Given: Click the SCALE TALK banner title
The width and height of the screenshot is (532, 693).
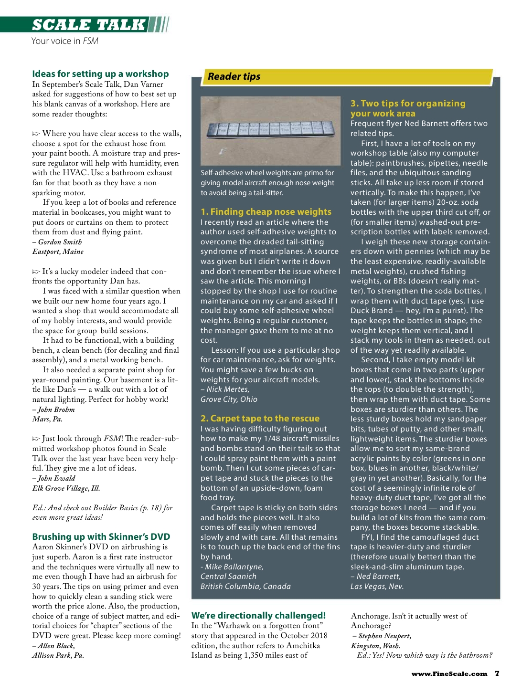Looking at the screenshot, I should [x=89, y=25].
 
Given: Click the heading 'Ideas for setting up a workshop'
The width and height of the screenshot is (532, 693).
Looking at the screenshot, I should [x=100, y=74].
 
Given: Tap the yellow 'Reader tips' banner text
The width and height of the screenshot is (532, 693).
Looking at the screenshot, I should [x=234, y=76].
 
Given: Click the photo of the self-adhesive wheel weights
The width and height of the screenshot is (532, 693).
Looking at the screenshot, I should [x=270, y=131].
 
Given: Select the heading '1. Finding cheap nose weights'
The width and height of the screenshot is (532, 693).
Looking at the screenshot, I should [x=266, y=212].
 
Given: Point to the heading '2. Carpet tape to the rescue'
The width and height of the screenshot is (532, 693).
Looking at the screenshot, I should [x=260, y=419].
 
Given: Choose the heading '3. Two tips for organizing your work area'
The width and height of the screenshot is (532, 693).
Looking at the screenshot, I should [x=408, y=108].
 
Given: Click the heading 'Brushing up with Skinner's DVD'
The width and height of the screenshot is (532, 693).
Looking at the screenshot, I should [x=101, y=537].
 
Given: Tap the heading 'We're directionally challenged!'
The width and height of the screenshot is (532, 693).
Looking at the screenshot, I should [x=258, y=616].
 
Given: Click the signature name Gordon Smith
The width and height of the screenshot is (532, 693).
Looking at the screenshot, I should [x=60, y=242].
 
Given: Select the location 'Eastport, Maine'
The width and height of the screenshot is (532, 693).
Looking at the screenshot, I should [x=58, y=252].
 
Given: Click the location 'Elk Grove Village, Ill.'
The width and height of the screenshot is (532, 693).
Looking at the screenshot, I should [x=66, y=488].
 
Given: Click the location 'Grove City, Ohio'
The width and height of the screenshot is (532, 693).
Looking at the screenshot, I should [x=229, y=399].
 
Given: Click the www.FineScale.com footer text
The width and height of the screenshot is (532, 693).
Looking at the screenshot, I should [x=449, y=674].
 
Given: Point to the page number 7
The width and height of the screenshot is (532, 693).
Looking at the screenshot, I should [x=497, y=673].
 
